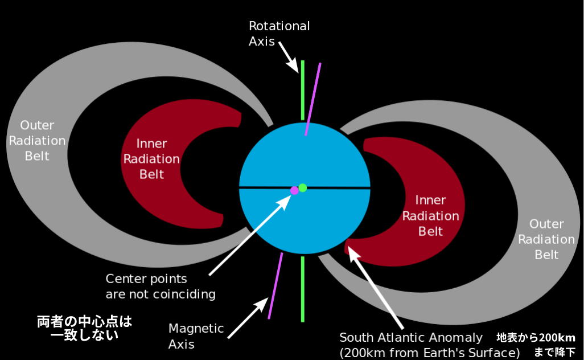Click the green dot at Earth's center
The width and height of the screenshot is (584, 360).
[303, 187]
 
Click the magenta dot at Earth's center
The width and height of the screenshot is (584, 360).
[294, 190]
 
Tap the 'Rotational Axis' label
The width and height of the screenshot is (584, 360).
[279, 34]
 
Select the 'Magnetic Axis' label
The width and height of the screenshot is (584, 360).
[196, 336]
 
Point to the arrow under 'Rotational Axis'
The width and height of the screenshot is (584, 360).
[289, 60]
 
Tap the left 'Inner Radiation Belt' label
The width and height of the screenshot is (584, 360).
[151, 159]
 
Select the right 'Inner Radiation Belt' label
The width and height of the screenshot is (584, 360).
[431, 216]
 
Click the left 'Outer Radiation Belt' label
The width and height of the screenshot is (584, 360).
[37, 140]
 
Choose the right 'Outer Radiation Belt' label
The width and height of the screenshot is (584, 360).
[546, 239]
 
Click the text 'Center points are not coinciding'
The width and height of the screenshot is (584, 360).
[161, 287]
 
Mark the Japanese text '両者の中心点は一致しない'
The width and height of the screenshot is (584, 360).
[85, 329]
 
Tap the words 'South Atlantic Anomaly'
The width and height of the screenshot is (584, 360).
[411, 337]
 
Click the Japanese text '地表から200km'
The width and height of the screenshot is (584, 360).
[536, 337]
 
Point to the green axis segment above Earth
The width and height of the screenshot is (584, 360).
[303, 91]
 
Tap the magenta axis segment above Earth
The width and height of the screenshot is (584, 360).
[313, 99]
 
